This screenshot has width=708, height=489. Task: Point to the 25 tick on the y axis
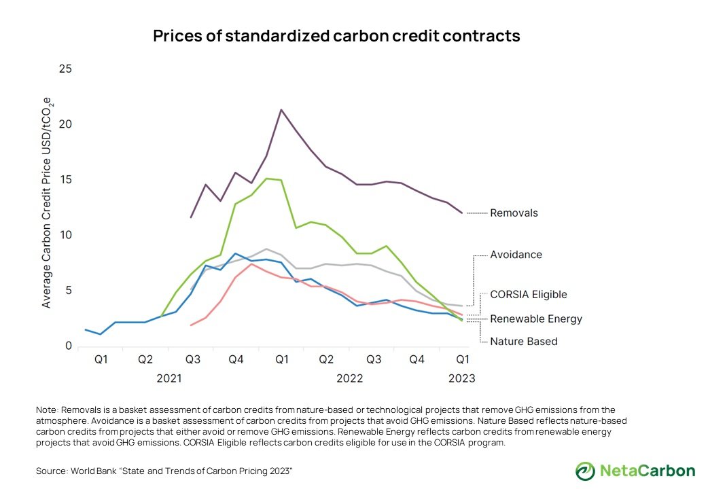click(66, 69)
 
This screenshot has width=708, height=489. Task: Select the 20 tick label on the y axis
click(66, 124)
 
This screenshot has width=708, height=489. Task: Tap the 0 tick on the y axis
click(69, 346)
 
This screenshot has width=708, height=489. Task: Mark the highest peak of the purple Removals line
click(281, 109)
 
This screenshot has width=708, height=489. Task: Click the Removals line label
click(514, 213)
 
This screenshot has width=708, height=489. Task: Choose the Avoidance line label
click(516, 255)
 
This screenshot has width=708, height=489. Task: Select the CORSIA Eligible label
click(528, 295)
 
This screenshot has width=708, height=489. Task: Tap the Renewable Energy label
click(535, 319)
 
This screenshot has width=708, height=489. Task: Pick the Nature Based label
click(523, 341)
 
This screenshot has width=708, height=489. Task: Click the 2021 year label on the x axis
click(169, 378)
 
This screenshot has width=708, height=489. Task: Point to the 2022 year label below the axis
click(350, 378)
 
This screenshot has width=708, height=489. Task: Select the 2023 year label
click(461, 378)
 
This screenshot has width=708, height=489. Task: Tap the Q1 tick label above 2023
click(461, 359)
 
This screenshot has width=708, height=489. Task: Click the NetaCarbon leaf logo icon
click(585, 471)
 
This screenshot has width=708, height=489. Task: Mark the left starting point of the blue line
click(86, 329)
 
